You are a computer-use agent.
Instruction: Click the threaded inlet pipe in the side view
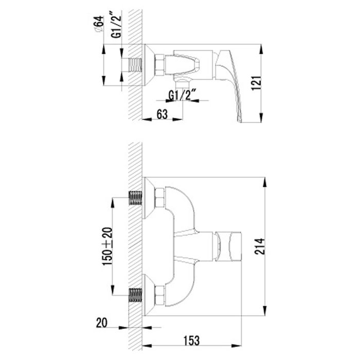point(135,65)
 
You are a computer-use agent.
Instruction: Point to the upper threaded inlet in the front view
point(135,197)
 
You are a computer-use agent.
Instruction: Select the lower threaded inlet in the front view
point(135,295)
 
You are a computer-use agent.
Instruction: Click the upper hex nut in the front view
point(159,197)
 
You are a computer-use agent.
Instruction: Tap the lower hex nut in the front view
point(159,294)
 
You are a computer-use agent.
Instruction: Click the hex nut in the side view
point(159,65)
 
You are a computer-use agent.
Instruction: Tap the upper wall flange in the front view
point(149,197)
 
